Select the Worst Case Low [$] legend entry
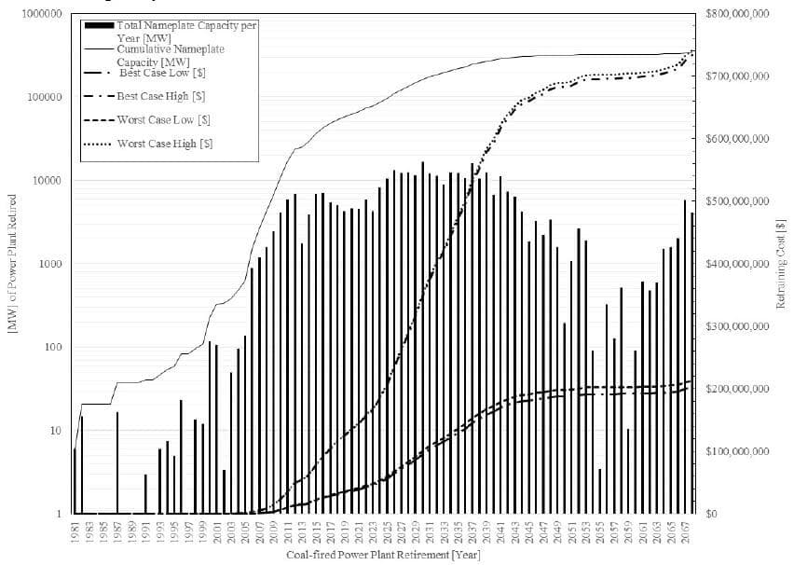tap(163, 119)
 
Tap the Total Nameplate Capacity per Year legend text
tap(186, 31)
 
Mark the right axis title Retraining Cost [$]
tap(781, 264)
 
